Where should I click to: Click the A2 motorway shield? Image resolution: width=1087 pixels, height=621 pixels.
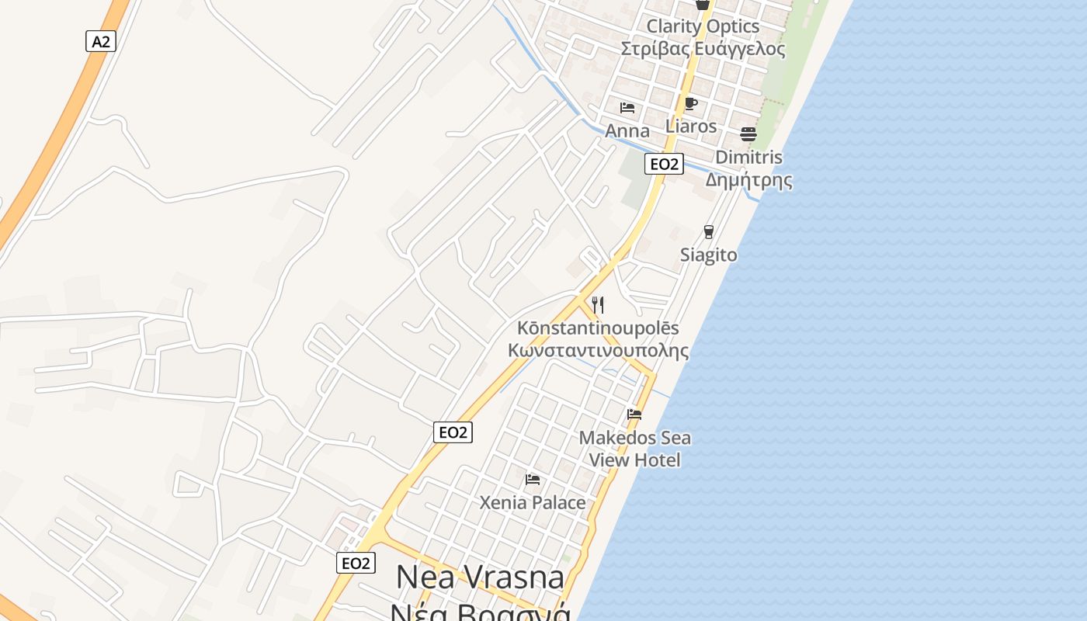[101, 41]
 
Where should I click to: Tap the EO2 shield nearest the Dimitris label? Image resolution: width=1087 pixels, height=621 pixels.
[664, 164]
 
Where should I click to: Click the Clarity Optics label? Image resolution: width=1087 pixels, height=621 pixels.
[703, 26]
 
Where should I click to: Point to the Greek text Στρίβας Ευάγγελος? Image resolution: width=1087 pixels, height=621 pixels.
[703, 49]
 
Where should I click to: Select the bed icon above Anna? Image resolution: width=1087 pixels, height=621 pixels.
[627, 107]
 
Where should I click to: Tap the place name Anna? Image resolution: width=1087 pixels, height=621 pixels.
[627, 130]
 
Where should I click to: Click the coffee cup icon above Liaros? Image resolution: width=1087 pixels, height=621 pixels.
[691, 103]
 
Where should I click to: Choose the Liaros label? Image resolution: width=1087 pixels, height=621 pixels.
[691, 126]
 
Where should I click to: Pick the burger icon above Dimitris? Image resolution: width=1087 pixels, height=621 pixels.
[748, 134]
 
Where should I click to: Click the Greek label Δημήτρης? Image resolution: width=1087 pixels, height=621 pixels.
[748, 181]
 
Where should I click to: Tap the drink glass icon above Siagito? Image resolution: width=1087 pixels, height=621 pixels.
[708, 231]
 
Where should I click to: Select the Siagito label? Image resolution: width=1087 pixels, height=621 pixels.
[708, 255]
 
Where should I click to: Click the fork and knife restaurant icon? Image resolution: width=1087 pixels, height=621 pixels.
[598, 304]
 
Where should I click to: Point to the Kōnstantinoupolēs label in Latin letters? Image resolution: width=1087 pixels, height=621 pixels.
[598, 328]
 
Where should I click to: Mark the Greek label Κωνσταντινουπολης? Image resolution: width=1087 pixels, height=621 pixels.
[598, 350]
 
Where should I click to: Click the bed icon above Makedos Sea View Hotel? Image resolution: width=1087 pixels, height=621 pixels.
[634, 414]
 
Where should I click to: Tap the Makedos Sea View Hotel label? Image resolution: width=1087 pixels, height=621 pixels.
[635, 449]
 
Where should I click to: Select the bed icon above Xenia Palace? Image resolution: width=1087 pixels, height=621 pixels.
[533, 479]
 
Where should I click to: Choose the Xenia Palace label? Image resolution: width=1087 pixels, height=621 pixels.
[533, 502]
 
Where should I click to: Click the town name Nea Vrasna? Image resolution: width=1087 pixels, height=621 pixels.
[480, 577]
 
